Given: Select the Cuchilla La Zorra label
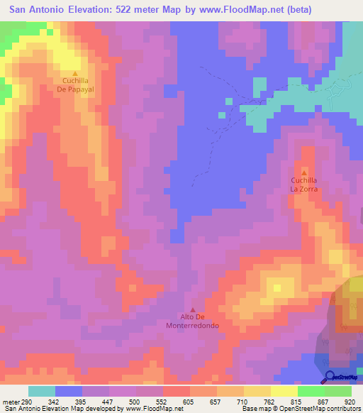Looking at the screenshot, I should (304, 185).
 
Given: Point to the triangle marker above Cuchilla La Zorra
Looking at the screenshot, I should (304, 172).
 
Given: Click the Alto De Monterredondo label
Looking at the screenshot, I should (193, 321).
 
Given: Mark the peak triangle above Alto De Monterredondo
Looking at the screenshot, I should (193, 309).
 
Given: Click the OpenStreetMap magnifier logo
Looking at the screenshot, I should (329, 378).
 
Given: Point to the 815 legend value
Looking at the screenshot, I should (297, 402).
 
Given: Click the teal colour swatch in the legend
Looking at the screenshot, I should (42, 391).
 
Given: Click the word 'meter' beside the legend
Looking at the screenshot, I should (9, 402).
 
